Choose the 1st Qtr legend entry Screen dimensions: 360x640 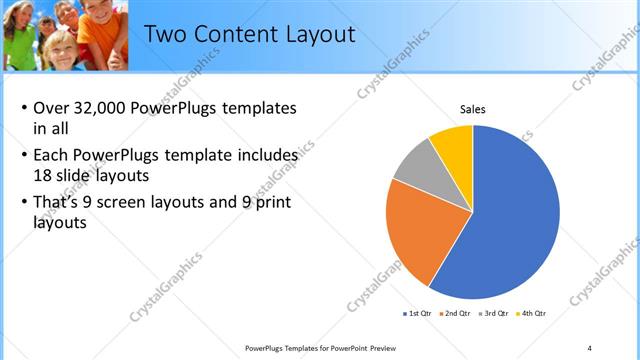click(x=417, y=314)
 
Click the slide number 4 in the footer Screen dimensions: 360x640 click(x=589, y=347)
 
